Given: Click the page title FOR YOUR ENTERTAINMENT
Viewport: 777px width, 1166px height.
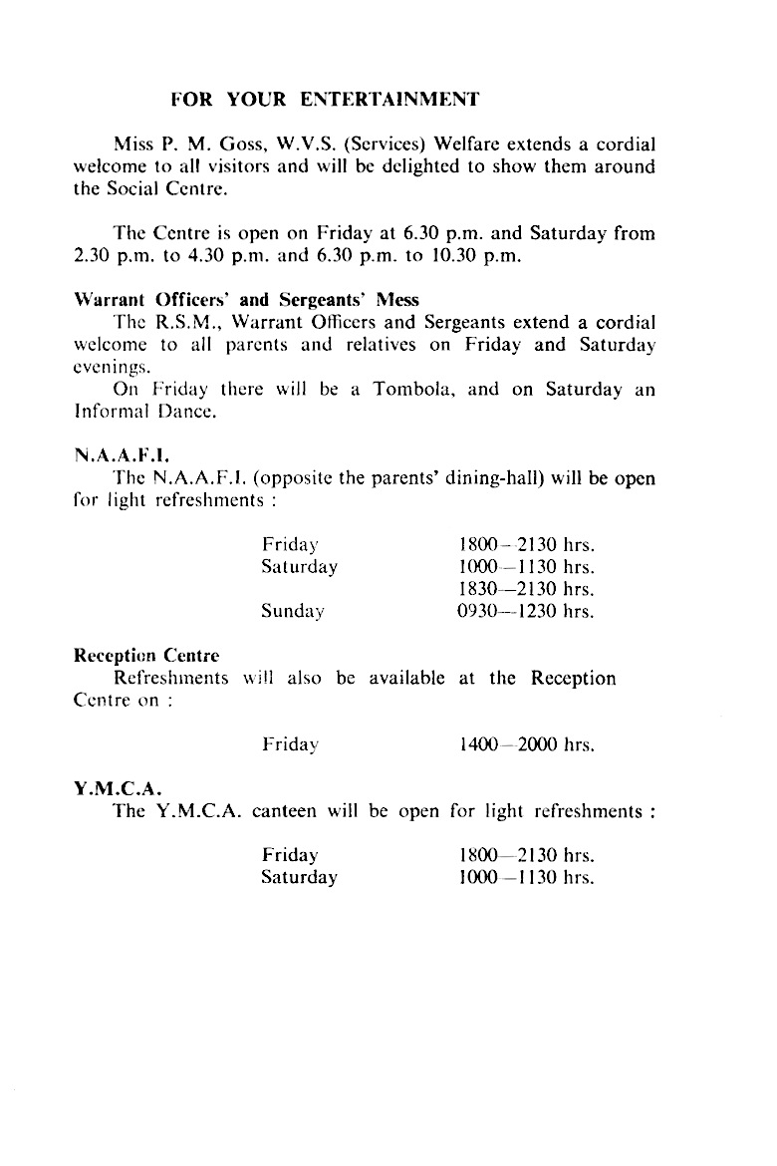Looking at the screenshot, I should (x=325, y=99).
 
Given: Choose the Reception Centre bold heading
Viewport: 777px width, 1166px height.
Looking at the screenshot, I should (x=146, y=656).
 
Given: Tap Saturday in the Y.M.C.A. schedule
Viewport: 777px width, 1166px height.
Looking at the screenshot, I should (x=299, y=878).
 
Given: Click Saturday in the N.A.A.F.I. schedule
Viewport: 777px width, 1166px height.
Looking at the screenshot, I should (x=299, y=568).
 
